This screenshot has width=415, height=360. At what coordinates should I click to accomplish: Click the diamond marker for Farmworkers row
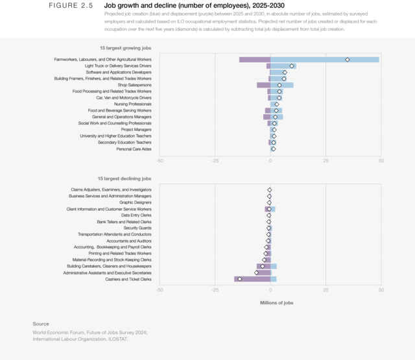coord(348,60)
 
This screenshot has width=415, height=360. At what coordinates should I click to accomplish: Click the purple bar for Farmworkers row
coord(254,60)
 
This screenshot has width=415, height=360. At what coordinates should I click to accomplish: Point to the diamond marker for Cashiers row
coord(240,279)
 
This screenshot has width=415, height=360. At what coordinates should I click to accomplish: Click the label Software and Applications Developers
coord(119,72)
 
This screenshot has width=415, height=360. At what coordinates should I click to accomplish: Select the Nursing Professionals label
coord(132,104)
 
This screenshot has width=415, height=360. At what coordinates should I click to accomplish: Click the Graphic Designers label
coord(135,202)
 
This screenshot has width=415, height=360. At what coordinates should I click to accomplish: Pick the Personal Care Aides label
coord(134,149)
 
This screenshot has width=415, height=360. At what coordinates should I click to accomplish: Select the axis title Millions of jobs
coord(277,302)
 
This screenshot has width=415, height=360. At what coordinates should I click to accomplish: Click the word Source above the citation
coord(41,324)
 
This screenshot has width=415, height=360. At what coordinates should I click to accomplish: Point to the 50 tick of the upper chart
coord(381,160)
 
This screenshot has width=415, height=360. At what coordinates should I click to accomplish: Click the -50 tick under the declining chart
coord(160,290)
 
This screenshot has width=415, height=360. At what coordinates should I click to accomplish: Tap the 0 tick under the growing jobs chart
coord(270,160)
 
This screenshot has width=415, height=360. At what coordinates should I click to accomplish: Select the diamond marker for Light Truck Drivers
coord(292,66)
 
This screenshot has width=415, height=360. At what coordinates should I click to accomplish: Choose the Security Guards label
coord(137,228)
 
